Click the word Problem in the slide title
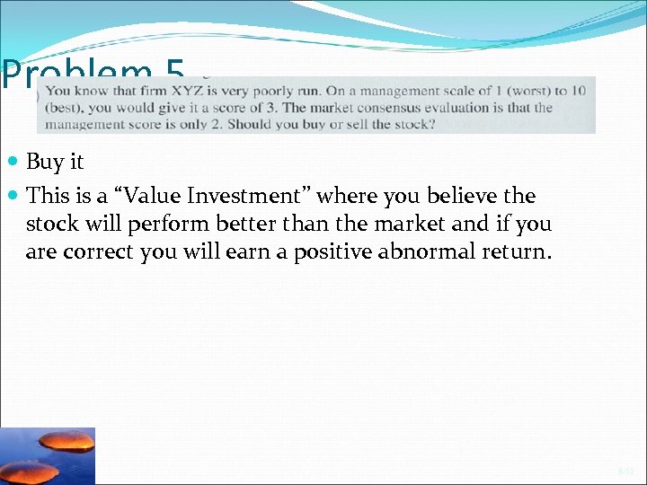pos(76,74)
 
